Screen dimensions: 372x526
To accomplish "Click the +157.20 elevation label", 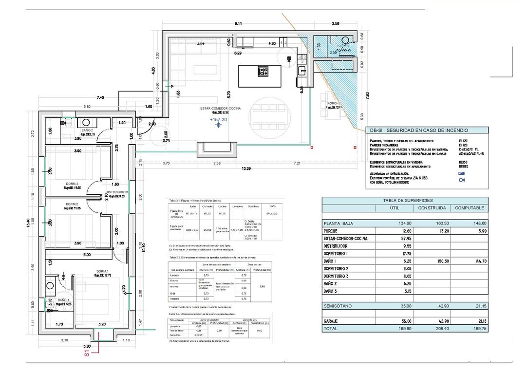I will pos(218,119).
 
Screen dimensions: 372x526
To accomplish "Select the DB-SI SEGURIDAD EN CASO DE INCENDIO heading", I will pos(419,130).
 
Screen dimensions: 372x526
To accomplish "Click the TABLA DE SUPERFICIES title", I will pos(405,200).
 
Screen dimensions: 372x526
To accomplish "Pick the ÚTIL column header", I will pos(394,208).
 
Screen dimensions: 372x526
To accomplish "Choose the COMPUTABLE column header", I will pos(470,208).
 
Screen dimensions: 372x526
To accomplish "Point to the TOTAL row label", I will pos(331,329).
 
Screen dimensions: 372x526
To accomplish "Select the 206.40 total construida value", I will pos(432,329).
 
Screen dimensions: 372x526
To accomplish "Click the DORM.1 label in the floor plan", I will pos(102,271).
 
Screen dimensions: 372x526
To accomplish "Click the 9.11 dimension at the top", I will pos(239,23).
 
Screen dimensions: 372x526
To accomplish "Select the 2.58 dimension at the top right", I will pos(336,23).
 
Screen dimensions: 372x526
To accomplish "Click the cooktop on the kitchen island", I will pos(263,72).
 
